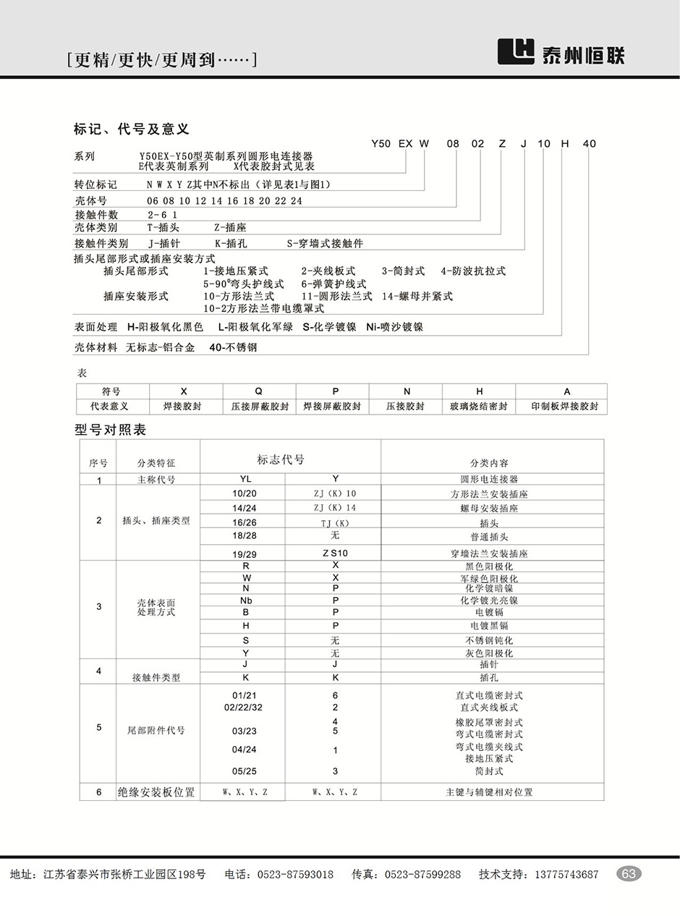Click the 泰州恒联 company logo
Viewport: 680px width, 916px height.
(561, 52)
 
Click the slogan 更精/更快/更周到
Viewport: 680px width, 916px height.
(161, 60)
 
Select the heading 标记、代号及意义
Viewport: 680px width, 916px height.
(132, 130)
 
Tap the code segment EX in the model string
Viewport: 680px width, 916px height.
(405, 143)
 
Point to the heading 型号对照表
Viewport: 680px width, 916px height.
(111, 430)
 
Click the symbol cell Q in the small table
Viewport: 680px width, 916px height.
(259, 391)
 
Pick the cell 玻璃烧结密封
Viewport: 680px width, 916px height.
(479, 407)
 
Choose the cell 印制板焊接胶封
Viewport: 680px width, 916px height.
(565, 407)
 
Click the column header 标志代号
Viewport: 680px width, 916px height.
(281, 459)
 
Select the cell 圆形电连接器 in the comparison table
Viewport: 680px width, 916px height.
(489, 479)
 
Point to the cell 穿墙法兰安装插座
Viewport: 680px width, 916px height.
(489, 554)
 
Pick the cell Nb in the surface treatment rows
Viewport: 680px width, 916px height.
(246, 601)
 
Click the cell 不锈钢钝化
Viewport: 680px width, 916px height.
(489, 640)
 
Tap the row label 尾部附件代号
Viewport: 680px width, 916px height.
(156, 731)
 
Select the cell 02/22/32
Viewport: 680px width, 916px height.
(244, 707)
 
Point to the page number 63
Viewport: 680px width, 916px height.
(629, 874)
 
